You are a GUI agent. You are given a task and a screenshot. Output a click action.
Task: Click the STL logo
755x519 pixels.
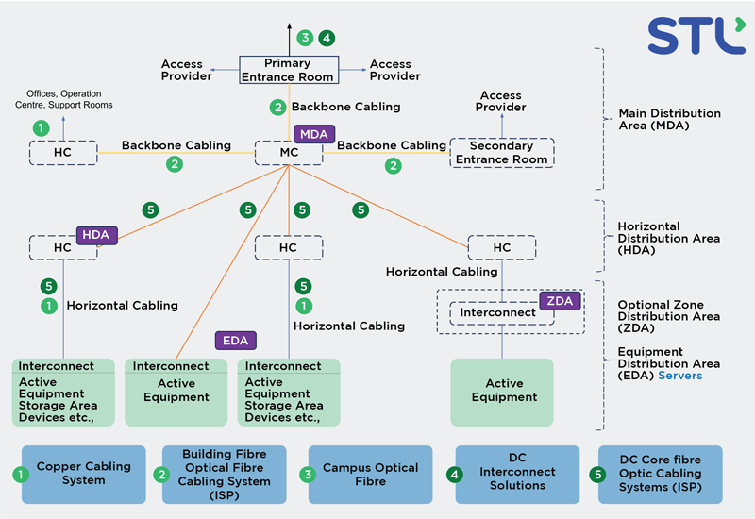[695, 35]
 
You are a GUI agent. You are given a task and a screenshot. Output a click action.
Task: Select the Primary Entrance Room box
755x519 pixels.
[288, 70]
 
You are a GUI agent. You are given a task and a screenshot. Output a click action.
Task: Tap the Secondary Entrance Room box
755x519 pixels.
[501, 153]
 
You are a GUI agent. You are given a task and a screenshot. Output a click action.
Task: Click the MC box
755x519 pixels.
[289, 153]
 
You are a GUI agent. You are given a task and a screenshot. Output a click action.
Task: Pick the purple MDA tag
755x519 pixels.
[313, 134]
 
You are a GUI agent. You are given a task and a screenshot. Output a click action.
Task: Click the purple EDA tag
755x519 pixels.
[234, 341]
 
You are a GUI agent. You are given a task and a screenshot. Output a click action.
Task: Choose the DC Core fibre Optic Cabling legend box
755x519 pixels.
[661, 475]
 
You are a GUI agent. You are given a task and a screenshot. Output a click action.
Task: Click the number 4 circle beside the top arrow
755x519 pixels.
[326, 39]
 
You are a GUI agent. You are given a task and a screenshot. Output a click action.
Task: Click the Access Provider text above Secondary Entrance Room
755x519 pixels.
[501, 101]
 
